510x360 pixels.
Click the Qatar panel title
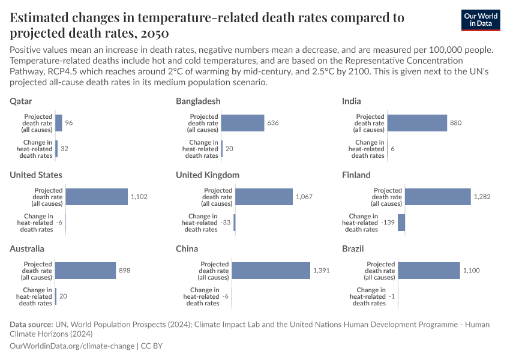(21, 101)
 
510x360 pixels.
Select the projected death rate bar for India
(417, 123)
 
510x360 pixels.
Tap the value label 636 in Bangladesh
(273, 123)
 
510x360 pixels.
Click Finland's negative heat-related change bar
(401, 223)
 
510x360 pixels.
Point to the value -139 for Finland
(388, 223)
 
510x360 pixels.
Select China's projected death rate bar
(271, 271)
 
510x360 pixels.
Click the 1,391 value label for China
(321, 271)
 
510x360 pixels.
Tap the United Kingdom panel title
(208, 175)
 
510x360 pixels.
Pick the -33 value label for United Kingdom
(226, 223)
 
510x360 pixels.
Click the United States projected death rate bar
(97, 197)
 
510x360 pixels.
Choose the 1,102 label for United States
(139, 197)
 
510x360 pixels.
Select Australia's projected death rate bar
(85, 271)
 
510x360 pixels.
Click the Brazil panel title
(353, 248)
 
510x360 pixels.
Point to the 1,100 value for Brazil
(471, 271)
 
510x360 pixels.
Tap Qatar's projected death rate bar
(59, 123)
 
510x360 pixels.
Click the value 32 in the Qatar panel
(64, 149)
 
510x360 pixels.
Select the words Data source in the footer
(31, 325)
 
